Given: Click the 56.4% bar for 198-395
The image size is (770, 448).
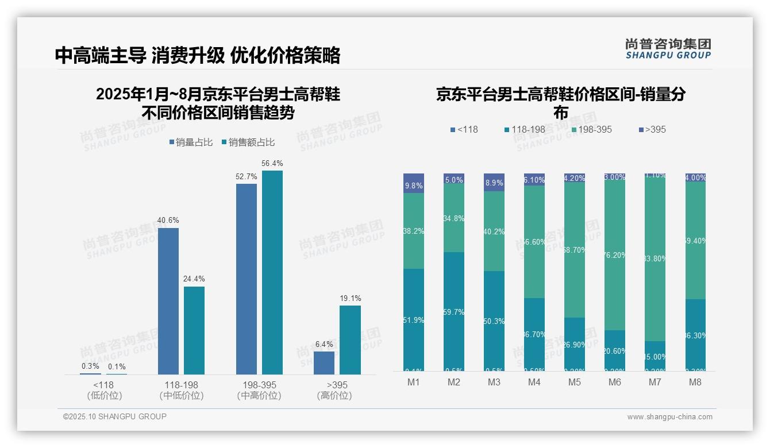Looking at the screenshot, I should [x=272, y=272].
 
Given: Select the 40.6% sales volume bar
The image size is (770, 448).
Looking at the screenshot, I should [x=168, y=301].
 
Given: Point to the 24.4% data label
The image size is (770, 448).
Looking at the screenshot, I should [x=194, y=279].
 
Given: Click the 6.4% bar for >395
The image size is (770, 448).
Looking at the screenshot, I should [x=324, y=362].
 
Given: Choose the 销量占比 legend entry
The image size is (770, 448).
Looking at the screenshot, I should [x=193, y=142].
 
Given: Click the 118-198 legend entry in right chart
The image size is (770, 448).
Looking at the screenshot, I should [x=524, y=130].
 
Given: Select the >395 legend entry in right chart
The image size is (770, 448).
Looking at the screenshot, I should [x=652, y=130].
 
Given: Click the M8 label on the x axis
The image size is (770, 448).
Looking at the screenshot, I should [x=695, y=383].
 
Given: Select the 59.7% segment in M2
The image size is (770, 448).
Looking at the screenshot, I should [x=454, y=311].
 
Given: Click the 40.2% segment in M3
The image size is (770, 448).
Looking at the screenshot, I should [x=494, y=231].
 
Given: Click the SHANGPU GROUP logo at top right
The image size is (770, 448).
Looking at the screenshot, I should [x=668, y=49].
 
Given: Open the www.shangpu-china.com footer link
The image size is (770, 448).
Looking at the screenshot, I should [x=669, y=417].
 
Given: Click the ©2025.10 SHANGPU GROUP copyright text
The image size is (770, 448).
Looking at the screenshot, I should [x=115, y=416].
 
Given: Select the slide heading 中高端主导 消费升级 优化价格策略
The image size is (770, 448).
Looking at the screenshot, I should [x=198, y=55].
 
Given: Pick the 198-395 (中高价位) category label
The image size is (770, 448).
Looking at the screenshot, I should [x=259, y=390].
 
